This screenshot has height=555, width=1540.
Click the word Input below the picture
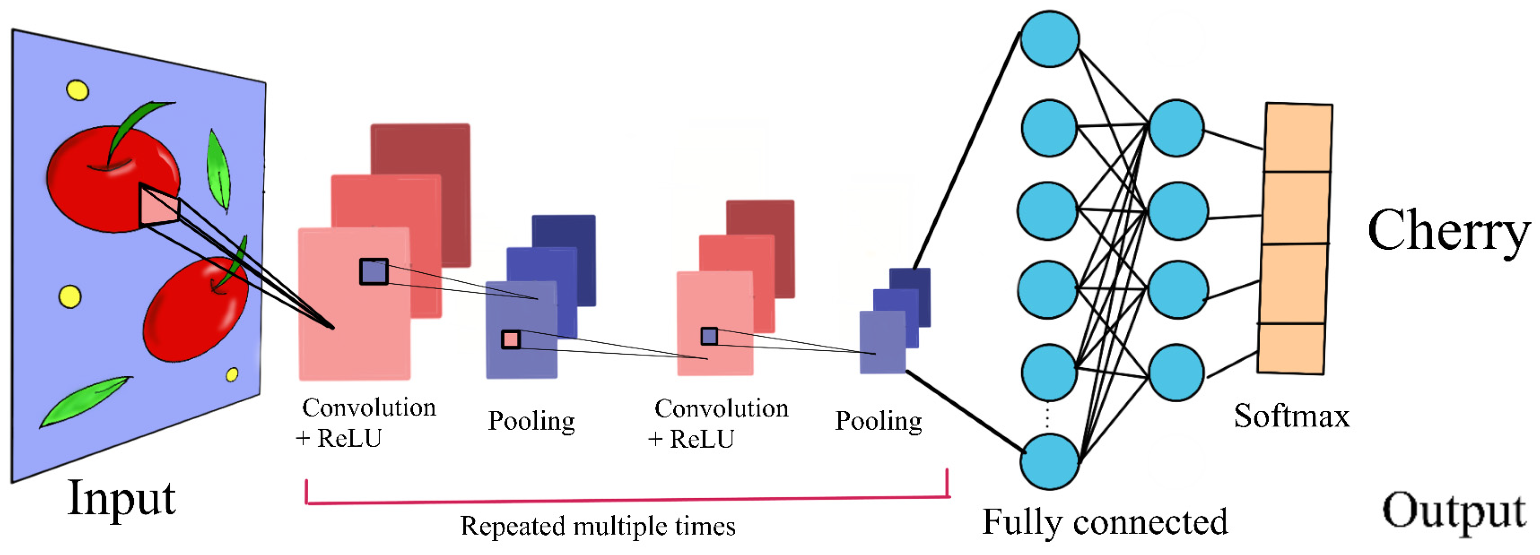[x=122, y=498]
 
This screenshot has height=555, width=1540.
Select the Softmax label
[x=1291, y=416]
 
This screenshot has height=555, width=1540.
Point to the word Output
[x=1454, y=512]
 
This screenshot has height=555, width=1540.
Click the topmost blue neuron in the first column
[x=1050, y=38]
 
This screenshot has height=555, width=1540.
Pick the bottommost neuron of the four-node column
[x=1176, y=372]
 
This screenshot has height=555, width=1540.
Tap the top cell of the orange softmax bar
[x=1297, y=137]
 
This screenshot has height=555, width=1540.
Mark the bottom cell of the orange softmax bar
[x=1291, y=349]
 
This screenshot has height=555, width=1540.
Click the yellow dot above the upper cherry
[x=77, y=90]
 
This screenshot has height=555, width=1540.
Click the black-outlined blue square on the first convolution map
[x=374, y=272]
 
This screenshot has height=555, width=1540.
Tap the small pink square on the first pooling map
[x=510, y=340]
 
